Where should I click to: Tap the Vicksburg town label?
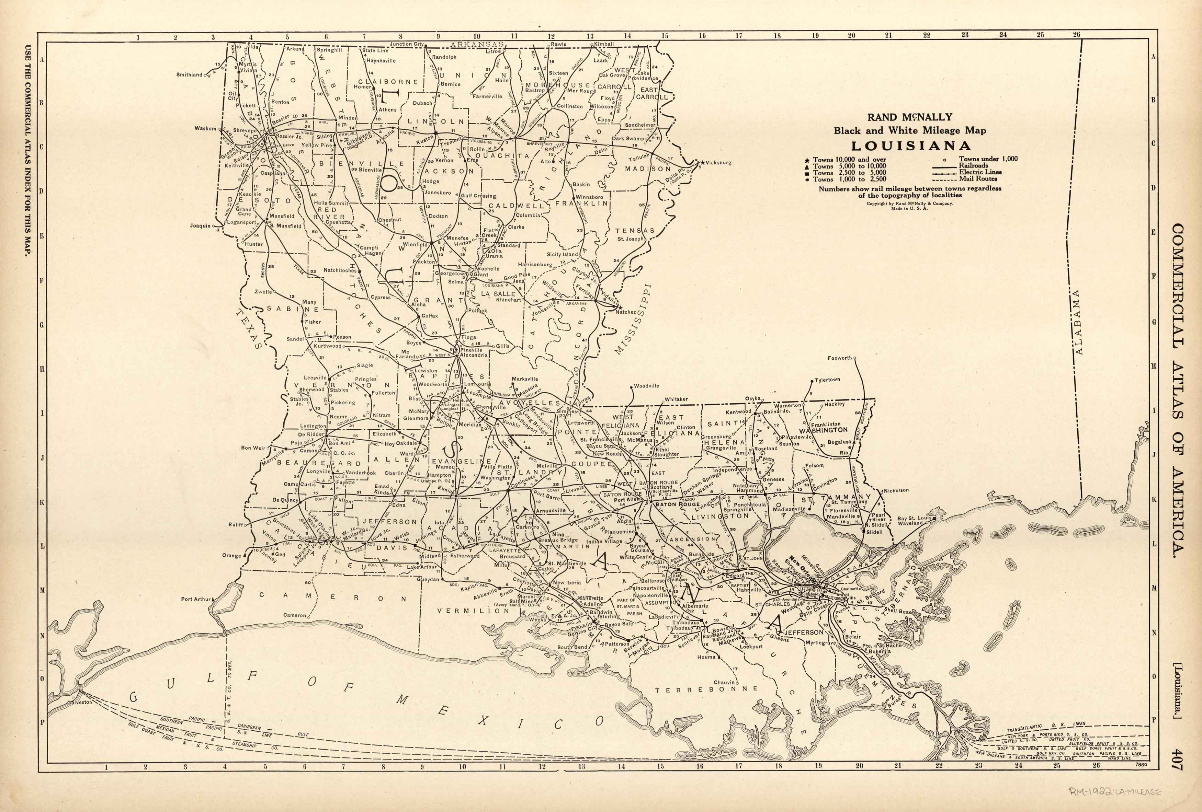pos(718,162)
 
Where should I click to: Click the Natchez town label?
pos(625,312)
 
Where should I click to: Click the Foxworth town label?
pos(839,358)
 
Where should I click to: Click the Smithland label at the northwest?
pos(189,74)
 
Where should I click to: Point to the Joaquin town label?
pos(200,226)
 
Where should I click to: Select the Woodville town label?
pos(647,386)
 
